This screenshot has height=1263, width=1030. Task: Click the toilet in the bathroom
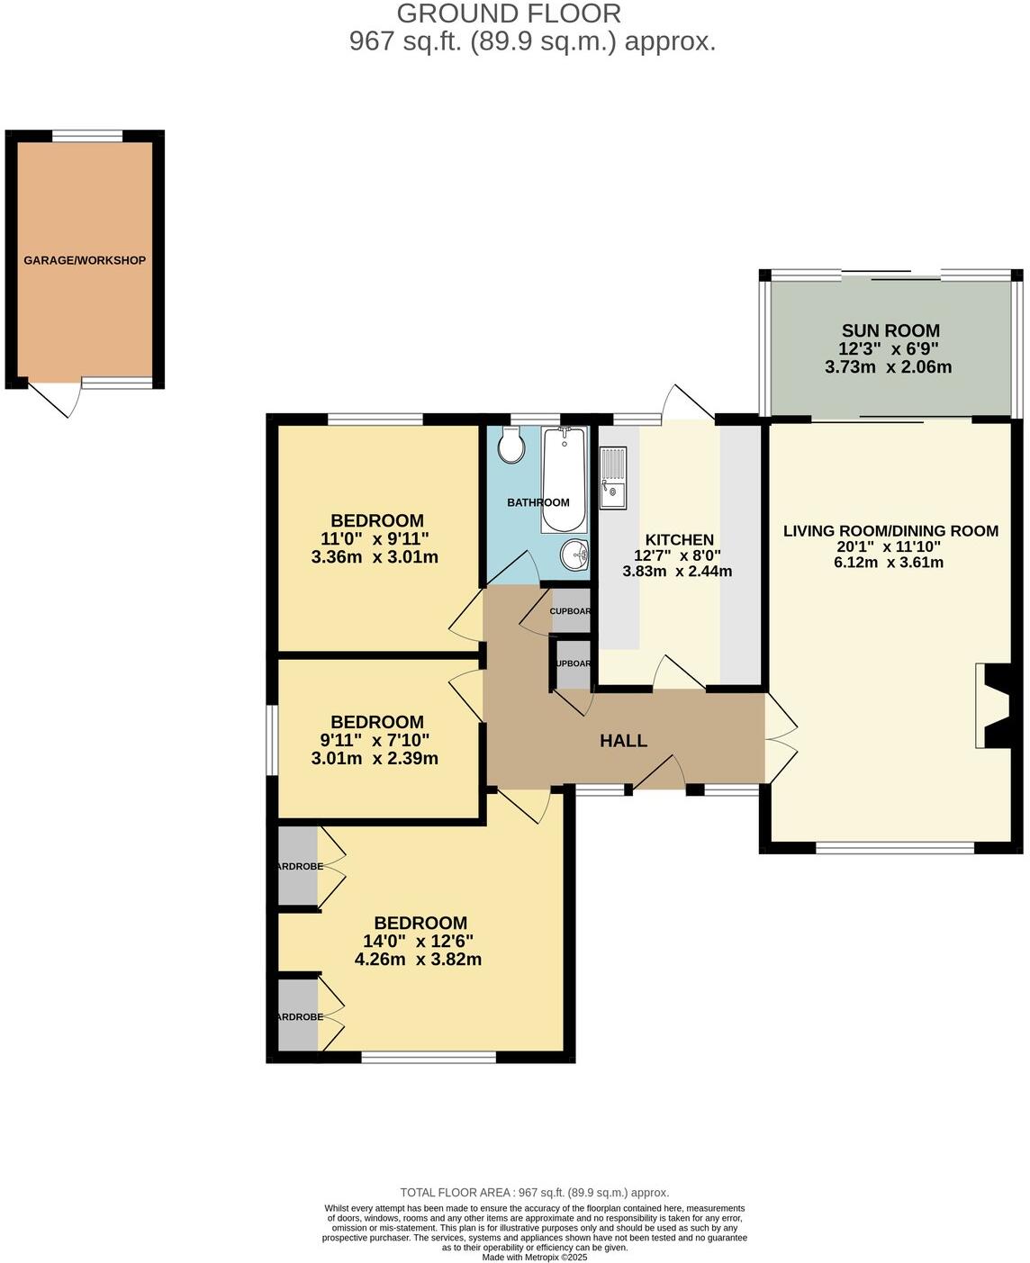(511, 445)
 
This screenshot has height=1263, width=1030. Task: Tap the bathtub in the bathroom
(564, 481)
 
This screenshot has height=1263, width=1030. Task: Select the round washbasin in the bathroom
(573, 555)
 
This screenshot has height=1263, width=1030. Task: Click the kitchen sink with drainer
(613, 478)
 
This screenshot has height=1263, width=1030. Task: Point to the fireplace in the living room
(992, 707)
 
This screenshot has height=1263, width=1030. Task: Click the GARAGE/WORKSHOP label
(85, 261)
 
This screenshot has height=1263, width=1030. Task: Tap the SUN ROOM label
(890, 330)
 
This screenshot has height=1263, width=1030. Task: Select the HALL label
(623, 741)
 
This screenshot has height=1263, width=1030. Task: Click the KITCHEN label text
(679, 540)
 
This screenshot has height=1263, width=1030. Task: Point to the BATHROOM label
(538, 502)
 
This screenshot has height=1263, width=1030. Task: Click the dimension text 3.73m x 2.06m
(888, 367)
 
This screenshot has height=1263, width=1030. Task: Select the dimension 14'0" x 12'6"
(418, 941)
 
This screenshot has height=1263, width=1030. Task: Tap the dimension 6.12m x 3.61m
(889, 563)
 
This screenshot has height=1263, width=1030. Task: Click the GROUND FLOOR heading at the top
(509, 14)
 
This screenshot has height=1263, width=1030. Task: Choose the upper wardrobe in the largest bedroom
(298, 866)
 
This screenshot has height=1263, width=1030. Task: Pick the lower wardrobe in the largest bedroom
(298, 1015)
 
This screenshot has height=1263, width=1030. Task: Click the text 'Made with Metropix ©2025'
(535, 1258)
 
